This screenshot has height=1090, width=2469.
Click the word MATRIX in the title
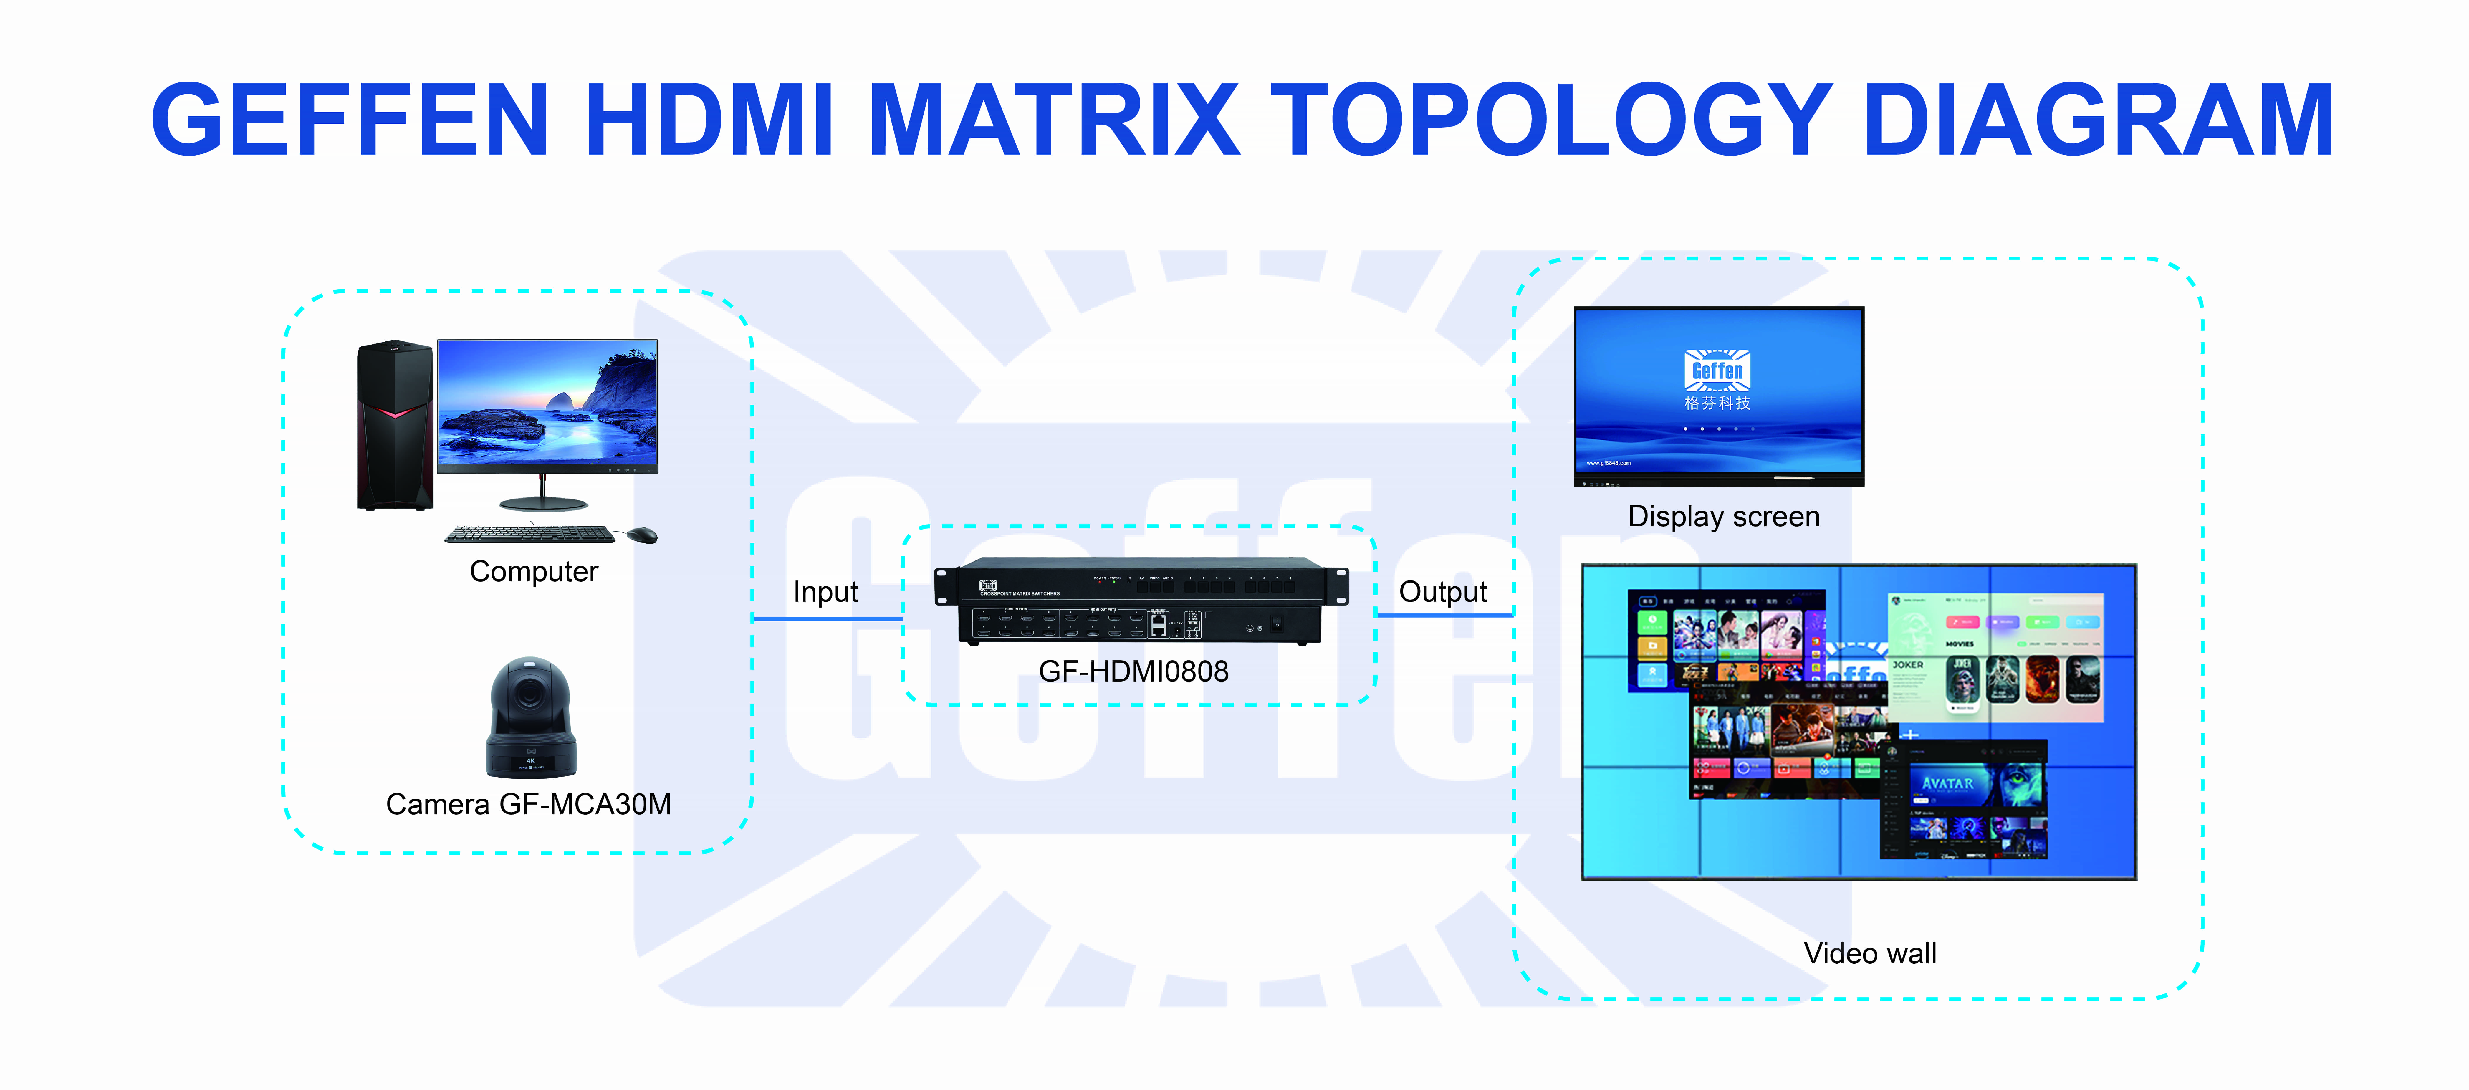(1054, 120)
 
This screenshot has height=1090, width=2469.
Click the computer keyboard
(529, 534)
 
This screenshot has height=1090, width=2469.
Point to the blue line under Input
(828, 618)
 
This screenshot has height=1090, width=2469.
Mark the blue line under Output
(1444, 614)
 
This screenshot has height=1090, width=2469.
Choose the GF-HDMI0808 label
(1133, 671)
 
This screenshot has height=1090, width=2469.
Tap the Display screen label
(1723, 517)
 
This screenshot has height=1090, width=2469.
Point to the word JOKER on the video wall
(1907, 664)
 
